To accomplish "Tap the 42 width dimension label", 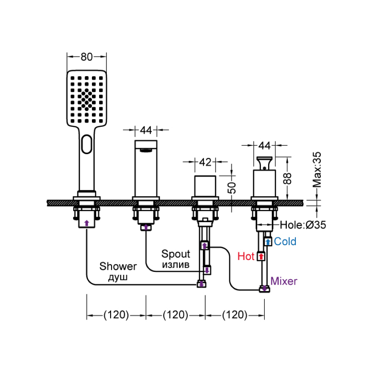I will point(205,162).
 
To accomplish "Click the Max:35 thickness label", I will point(317,170).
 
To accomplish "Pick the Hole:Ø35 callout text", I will point(303,225).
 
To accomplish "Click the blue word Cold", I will point(285,242).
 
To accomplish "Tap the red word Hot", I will point(246,256).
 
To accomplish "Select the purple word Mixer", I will point(284,281).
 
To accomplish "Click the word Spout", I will point(175,254).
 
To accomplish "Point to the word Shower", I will point(118,266).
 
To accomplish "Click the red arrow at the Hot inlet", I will point(261,257).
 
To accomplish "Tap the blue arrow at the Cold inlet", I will point(268,242).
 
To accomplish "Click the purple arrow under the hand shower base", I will point(87,223).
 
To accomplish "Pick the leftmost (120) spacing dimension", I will point(116,315).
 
